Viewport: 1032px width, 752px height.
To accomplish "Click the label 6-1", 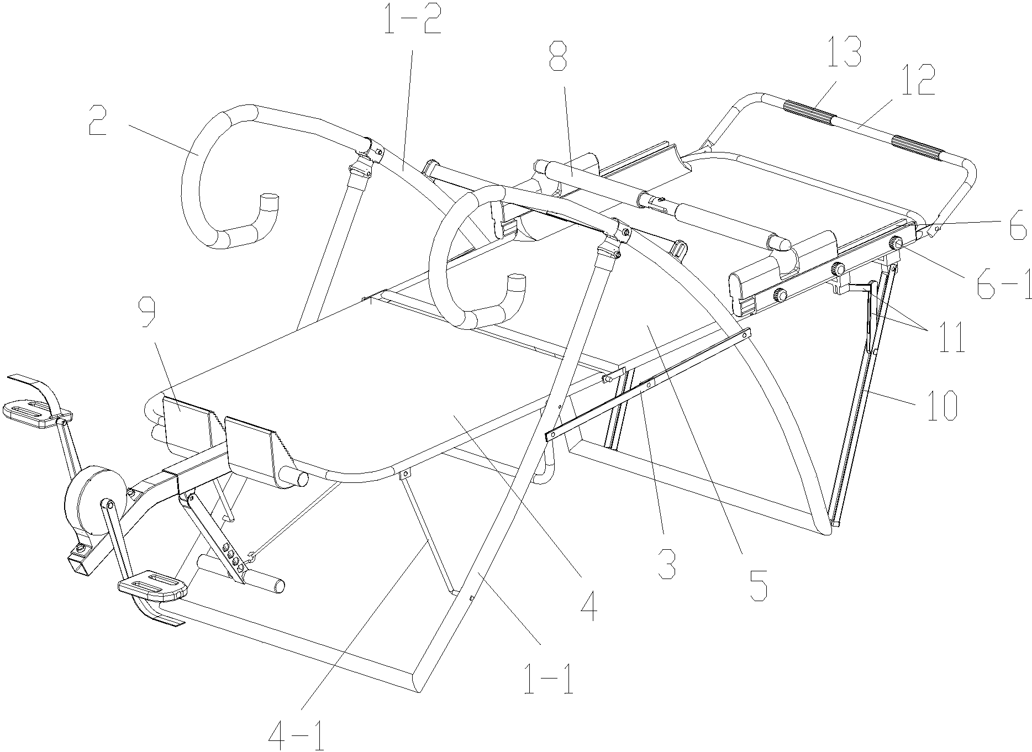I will coord(1002,282).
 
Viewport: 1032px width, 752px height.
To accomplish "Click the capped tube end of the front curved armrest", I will coord(518,281).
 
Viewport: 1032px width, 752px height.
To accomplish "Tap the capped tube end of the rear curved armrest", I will coord(269,202).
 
